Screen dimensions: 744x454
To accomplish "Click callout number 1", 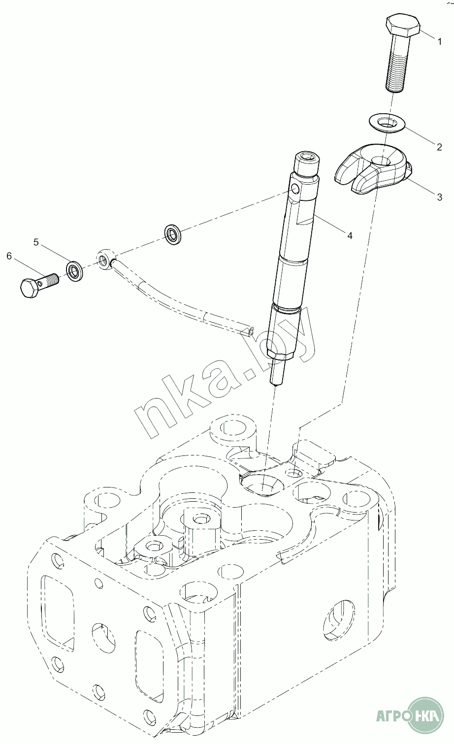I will [440, 42].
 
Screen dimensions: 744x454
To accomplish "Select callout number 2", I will [439, 146].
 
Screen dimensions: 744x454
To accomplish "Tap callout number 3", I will [440, 197].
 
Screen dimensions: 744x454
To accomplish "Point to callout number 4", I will [350, 236].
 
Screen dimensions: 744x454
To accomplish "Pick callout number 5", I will [36, 242].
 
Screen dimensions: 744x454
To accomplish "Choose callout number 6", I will [9, 256].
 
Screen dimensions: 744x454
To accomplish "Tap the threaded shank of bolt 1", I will [396, 69].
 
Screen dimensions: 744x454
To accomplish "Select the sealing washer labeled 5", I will [74, 271].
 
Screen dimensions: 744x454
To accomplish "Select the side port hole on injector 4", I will [295, 189].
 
